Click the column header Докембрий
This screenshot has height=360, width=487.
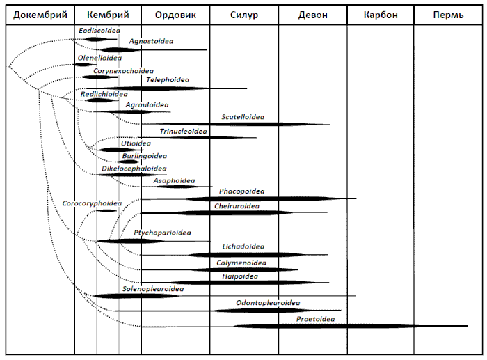click(x=40, y=15)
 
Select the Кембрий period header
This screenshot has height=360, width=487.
click(x=108, y=15)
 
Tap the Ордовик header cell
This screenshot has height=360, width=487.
click(x=175, y=15)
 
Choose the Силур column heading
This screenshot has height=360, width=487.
click(x=244, y=15)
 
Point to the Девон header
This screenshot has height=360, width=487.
click(x=313, y=15)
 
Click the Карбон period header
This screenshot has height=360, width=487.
click(x=381, y=15)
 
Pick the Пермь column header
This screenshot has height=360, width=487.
click(x=448, y=15)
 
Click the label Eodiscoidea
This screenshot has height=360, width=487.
click(x=99, y=31)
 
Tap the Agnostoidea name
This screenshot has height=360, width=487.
click(x=151, y=41)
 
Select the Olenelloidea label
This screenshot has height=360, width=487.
click(x=99, y=58)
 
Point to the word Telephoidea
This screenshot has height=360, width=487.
click(x=168, y=79)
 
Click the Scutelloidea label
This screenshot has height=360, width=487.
click(x=243, y=117)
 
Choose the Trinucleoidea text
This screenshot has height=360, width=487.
click(x=183, y=131)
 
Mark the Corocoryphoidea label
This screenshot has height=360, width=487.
click(x=92, y=203)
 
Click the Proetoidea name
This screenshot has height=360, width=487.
click(x=316, y=319)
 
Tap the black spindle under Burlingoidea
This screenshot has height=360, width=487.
click(x=128, y=162)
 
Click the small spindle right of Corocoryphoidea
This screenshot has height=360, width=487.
click(x=106, y=211)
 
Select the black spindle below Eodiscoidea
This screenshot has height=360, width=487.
click(x=96, y=39)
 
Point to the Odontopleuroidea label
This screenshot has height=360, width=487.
click(x=268, y=303)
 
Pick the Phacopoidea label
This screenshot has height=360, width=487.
click(x=242, y=191)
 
